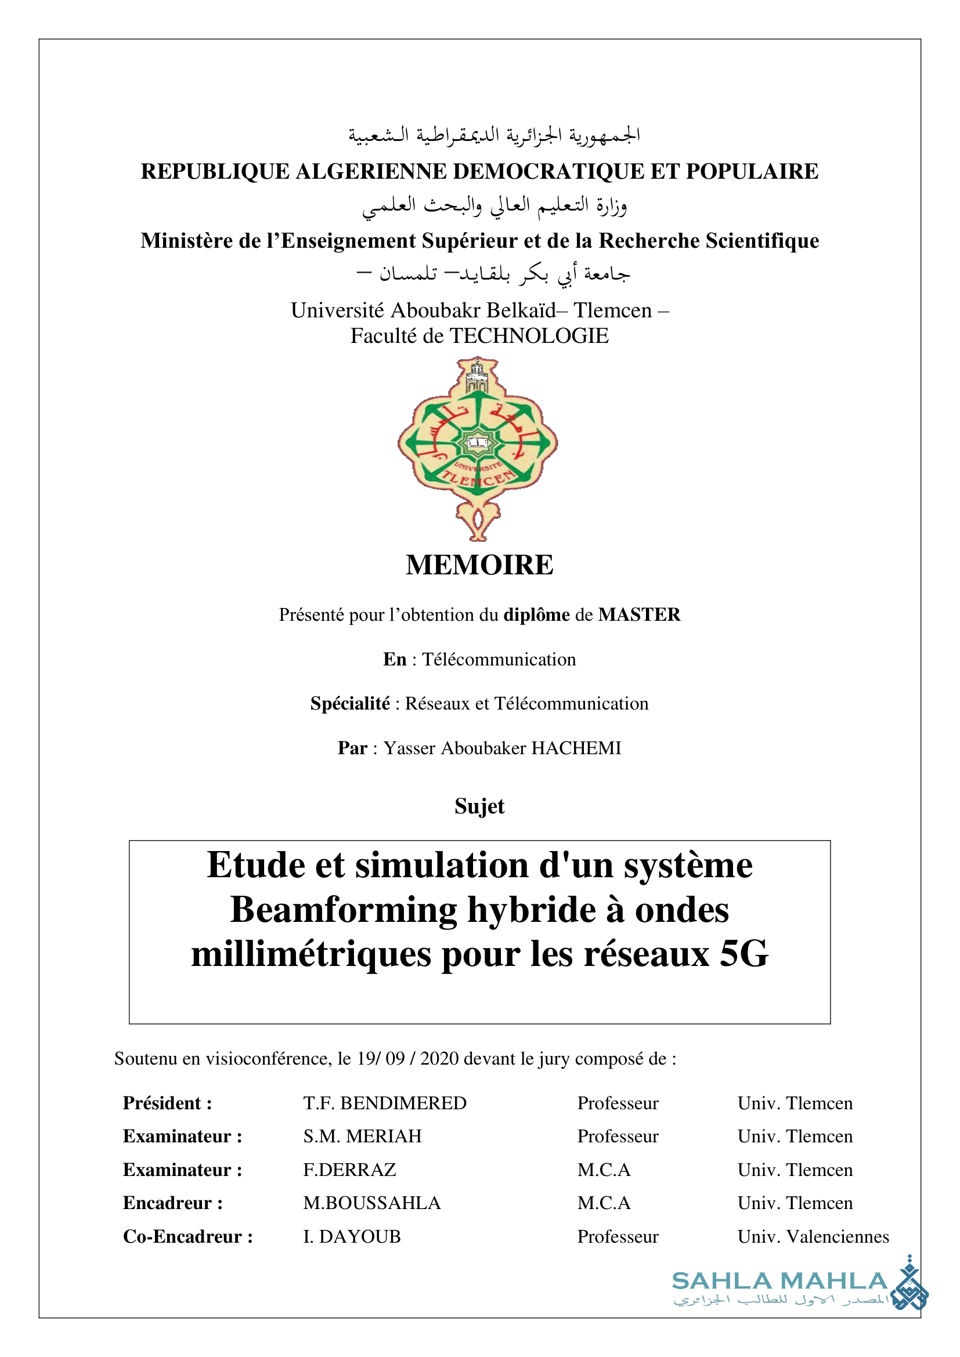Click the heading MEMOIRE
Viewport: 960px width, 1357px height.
[479, 565]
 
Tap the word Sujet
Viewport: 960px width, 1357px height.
[479, 806]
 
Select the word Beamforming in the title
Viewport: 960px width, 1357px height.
[344, 910]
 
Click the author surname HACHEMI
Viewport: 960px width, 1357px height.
[576, 748]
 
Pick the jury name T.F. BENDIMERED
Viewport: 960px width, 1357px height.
[385, 1103]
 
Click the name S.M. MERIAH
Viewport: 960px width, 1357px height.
[362, 1137]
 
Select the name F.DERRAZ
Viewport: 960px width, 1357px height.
[349, 1170]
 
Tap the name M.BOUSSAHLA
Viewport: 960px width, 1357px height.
[372, 1203]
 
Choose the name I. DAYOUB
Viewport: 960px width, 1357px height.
[352, 1237]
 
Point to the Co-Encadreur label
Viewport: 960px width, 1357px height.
[188, 1237]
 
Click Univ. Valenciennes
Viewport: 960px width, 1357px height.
[813, 1237]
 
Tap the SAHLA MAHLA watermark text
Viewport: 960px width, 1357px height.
[779, 1282]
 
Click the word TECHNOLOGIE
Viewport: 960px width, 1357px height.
[529, 336]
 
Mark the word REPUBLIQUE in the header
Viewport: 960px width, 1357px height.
[215, 171]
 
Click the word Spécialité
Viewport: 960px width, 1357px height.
[350, 704]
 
